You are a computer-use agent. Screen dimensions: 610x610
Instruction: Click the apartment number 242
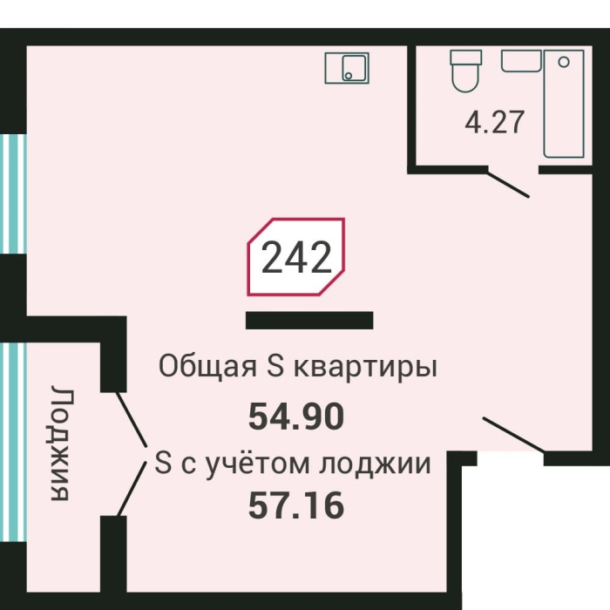pos(296,258)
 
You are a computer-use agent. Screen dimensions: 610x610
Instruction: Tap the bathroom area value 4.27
pos(495,121)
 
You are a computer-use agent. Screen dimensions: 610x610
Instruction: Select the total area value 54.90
pos(296,417)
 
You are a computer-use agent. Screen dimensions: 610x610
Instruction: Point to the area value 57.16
pos(296,505)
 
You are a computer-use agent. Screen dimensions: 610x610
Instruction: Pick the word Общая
pos(206,367)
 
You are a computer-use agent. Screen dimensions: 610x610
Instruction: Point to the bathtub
pos(564,103)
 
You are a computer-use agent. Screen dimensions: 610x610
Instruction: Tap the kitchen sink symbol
pos(347,67)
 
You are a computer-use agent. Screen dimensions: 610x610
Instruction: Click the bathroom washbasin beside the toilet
pos(521,60)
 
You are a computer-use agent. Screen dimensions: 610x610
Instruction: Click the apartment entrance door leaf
pos(513,435)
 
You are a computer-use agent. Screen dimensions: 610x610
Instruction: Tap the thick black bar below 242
pos(309,321)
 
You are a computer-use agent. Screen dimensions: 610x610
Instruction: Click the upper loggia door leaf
pos(132,417)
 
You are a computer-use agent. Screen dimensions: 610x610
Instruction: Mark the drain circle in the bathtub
pos(564,62)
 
